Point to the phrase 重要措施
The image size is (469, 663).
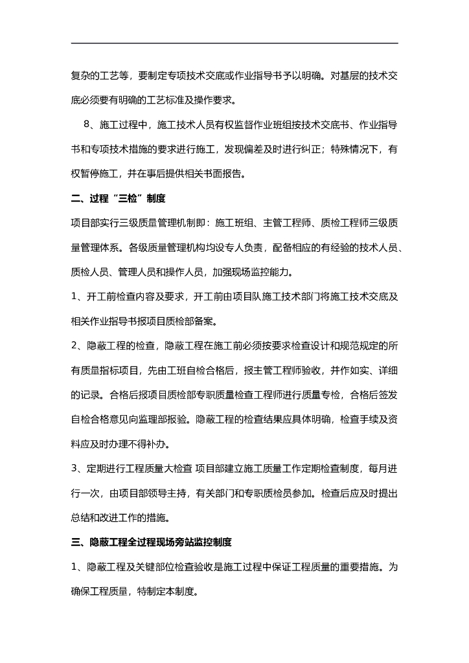coord(354,567)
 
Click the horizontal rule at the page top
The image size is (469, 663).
coord(234,43)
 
